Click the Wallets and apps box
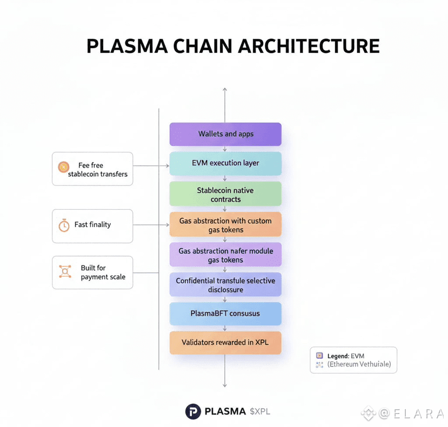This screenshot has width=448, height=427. (225, 134)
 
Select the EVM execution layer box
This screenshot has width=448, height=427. (225, 163)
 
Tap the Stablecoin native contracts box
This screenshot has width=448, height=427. (225, 195)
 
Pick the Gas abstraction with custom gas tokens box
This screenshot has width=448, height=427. (225, 225)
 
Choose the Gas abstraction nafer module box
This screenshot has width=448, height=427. (225, 255)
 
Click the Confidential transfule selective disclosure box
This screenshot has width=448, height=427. (225, 285)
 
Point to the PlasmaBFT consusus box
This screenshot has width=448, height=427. (225, 313)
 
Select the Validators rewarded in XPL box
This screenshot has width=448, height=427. (225, 343)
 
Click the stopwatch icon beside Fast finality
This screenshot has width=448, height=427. (64, 225)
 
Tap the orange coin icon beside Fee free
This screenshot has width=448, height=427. (63, 168)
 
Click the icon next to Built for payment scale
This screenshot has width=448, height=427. (64, 272)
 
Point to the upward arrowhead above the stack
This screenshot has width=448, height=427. (225, 89)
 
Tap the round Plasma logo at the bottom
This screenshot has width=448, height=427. (193, 412)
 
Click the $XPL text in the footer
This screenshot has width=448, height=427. (260, 412)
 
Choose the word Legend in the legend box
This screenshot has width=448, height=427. (338, 356)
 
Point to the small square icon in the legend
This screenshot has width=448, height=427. (319, 356)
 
